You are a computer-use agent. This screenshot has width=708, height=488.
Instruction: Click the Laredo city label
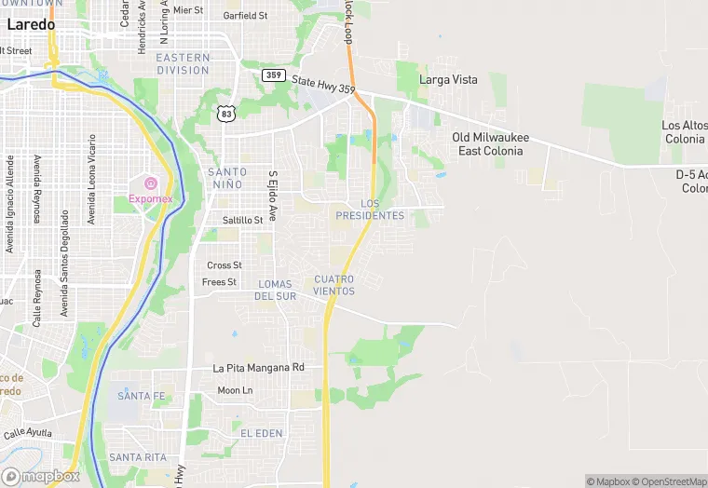click(x=30, y=25)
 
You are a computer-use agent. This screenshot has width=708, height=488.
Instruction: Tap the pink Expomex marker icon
click(x=150, y=181)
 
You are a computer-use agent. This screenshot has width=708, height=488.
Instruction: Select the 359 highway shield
click(x=273, y=75)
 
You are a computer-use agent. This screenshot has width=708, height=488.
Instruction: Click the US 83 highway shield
click(x=225, y=114)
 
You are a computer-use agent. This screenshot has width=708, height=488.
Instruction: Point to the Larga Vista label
click(x=448, y=80)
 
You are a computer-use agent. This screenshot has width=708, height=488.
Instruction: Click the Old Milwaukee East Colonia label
click(x=491, y=144)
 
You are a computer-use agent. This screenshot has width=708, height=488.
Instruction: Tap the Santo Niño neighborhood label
click(x=227, y=178)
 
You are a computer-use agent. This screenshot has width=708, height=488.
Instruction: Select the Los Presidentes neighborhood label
click(x=370, y=210)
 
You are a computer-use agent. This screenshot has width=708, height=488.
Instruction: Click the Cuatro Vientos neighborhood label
click(x=334, y=285)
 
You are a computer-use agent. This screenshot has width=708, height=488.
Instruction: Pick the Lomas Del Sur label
click(x=275, y=290)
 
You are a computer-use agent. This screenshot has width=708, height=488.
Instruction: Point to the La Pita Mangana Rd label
click(x=258, y=368)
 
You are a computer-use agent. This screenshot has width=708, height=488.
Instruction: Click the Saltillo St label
click(x=243, y=221)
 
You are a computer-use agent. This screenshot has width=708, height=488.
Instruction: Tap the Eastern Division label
click(x=183, y=64)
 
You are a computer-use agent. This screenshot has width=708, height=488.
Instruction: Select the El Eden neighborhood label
click(x=261, y=434)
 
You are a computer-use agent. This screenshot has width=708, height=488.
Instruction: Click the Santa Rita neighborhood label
click(x=137, y=457)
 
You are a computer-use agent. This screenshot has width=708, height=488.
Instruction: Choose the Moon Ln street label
click(x=235, y=390)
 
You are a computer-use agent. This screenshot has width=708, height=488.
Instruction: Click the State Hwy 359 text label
click(x=322, y=85)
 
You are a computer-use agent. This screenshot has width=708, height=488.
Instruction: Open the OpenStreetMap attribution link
click(x=670, y=481)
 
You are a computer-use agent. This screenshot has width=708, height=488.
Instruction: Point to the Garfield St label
click(x=246, y=16)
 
